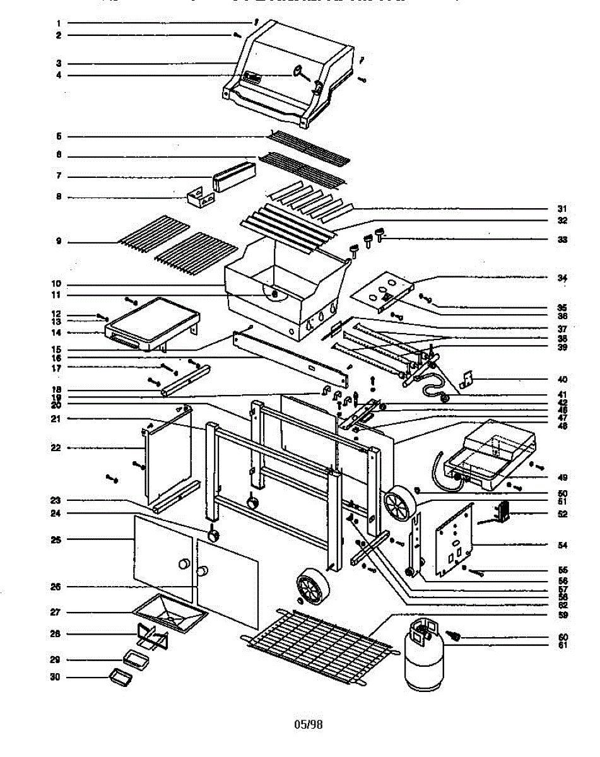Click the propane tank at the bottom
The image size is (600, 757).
(424, 656)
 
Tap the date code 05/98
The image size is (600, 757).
(308, 725)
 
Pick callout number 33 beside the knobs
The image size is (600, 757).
(562, 240)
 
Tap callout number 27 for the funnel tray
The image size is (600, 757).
(56, 613)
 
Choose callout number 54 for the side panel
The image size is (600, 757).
(562, 544)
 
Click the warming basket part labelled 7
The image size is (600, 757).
(234, 175)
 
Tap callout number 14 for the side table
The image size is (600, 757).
(57, 332)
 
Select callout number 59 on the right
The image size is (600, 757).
(562, 614)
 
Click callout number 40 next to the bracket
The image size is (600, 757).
(562, 380)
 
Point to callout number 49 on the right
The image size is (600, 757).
(562, 477)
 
